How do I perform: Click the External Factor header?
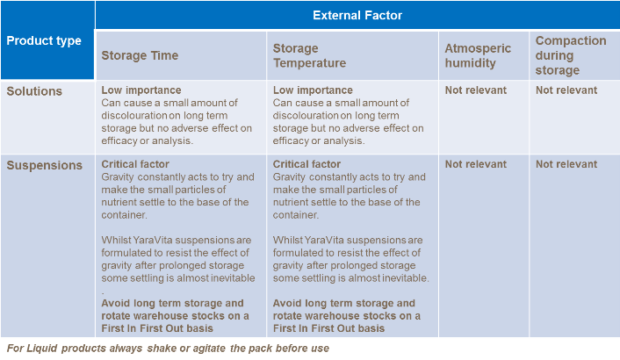(x=357, y=15)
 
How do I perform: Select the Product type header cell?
(x=44, y=40)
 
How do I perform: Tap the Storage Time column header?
(x=140, y=55)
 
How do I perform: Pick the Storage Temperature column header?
(x=309, y=55)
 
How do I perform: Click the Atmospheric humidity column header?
(x=478, y=55)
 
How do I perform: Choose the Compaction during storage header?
(x=570, y=55)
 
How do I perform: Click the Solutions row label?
(x=33, y=90)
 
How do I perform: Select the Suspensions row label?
(x=44, y=165)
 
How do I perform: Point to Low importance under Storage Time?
(x=141, y=90)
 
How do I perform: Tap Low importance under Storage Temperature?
(x=313, y=90)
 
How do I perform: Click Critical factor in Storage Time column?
(x=135, y=164)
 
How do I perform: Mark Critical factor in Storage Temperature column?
(x=307, y=164)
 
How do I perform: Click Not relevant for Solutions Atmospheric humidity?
(x=476, y=90)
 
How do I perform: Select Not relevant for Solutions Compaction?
(x=566, y=90)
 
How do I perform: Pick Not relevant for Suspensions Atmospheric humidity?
(x=476, y=164)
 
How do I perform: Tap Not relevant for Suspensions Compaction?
(x=566, y=164)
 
